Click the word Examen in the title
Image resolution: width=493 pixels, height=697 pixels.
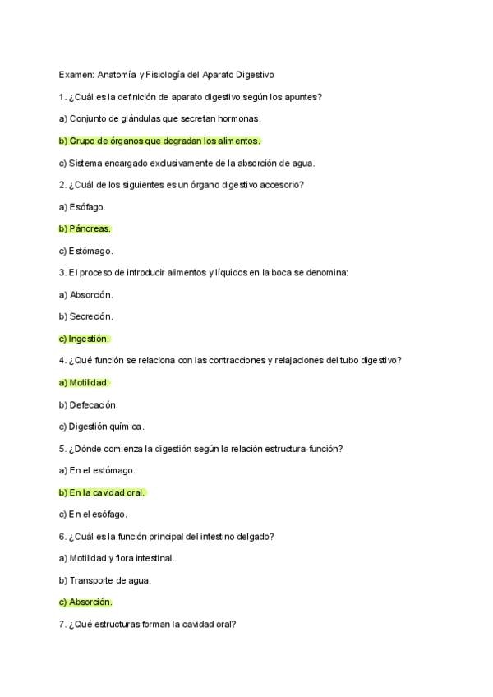click(76, 75)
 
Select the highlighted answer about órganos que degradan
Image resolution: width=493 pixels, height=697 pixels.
click(159, 141)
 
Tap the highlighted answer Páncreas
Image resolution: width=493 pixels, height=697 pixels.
click(85, 228)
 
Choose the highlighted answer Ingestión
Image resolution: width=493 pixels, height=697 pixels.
click(84, 339)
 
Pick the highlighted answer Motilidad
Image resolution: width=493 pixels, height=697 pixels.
click(84, 382)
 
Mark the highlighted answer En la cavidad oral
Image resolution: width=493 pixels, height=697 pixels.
click(107, 492)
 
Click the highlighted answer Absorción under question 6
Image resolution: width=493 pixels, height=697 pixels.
click(85, 602)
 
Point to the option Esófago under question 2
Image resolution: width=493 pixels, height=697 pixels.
click(82, 207)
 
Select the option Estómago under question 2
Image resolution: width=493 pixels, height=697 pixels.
click(85, 251)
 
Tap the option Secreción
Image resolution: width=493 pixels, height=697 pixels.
click(85, 316)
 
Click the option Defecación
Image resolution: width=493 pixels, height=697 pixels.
click(88, 404)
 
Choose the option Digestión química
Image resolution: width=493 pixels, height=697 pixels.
click(101, 427)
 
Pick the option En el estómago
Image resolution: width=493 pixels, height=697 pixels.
click(97, 470)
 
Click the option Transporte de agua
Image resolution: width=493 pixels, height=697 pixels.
click(104, 580)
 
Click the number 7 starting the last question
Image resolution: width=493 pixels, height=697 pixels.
click(62, 624)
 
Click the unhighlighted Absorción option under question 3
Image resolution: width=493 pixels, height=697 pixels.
click(85, 294)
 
